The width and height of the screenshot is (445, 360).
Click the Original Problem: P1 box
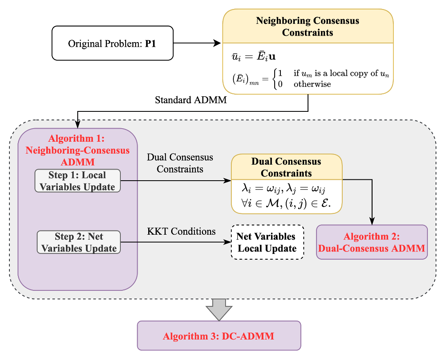113,43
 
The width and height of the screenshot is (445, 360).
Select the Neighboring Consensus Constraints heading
307,26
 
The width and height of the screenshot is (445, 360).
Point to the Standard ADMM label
191,100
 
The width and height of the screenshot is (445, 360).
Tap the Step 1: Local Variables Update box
77,181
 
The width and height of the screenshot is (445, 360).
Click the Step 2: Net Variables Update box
79,242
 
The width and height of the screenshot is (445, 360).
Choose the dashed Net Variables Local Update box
267,242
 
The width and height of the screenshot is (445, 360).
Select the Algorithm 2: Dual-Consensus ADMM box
372,242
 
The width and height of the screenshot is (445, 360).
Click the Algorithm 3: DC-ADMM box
219,335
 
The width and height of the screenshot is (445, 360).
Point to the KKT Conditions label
181,231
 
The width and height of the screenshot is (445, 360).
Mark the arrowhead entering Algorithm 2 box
372,221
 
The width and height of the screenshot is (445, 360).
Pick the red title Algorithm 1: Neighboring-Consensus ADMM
77,150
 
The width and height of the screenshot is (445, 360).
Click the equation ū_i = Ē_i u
254,56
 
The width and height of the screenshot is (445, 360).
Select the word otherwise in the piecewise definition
312,84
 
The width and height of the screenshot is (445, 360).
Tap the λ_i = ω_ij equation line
283,188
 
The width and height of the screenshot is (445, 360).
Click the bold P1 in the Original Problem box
150,44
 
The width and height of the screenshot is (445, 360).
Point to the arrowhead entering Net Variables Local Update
228,242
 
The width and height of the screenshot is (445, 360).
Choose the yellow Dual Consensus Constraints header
287,167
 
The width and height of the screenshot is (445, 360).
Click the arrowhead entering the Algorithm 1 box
77,125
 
